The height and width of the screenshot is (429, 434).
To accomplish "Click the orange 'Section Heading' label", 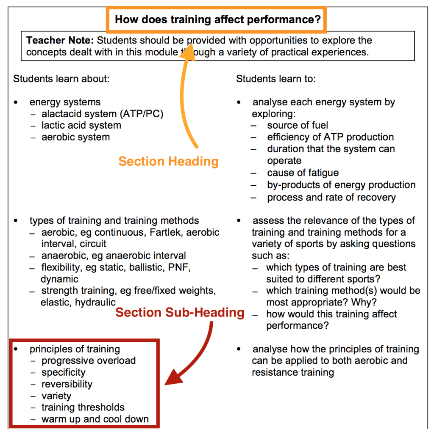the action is (x=168, y=161).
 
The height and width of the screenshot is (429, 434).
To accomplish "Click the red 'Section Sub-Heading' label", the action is (x=180, y=312).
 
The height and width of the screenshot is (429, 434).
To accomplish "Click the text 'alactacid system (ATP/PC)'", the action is (x=102, y=114).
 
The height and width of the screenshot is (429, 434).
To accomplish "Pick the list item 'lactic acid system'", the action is (x=81, y=125).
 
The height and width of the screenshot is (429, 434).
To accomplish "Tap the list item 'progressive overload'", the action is (x=89, y=360).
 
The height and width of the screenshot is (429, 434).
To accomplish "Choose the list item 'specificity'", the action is (x=63, y=372).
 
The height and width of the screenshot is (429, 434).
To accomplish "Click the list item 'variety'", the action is (x=56, y=396).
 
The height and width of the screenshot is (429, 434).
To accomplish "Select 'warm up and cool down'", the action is (x=95, y=419).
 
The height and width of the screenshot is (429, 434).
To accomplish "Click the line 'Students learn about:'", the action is (x=61, y=79).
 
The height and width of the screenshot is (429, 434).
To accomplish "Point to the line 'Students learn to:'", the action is (x=275, y=79).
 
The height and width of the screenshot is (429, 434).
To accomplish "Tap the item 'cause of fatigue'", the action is (x=303, y=173).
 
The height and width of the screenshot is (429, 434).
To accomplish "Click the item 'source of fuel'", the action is (x=298, y=125).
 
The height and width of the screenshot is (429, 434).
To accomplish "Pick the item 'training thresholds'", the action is (x=83, y=407).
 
